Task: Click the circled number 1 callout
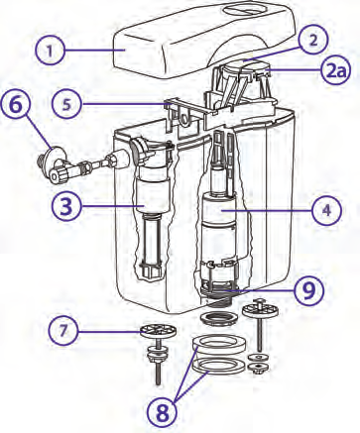pos(50,51)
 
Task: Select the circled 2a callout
pos(335,72)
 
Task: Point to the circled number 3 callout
pos(66,206)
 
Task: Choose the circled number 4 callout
pos(326,210)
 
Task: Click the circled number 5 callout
pos(66,104)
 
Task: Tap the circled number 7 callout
pos(63,331)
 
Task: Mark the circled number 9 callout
pos(309,290)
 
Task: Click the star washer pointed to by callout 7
pos(158,331)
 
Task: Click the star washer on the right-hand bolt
pos(260,310)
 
